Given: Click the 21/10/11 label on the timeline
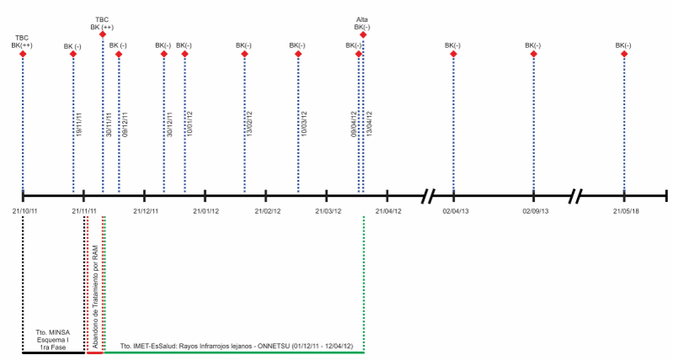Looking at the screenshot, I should pos(23,210).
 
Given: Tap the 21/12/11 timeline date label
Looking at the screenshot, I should pos(146,210).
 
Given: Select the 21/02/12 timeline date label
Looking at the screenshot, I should pos(266,210).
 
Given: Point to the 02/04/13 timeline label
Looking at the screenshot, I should pos(453,210).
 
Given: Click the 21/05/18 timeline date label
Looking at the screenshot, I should pos(624,210).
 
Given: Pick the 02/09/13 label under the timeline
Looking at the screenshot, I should pos(534,210).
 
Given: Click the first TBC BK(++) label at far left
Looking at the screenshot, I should pos(22,41).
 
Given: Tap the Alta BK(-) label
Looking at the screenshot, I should pos(363,24).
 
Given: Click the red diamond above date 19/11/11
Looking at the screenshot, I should pos(73,55).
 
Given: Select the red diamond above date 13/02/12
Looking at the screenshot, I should pos(245,55).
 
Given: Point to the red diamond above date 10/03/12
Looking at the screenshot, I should pos(298,55).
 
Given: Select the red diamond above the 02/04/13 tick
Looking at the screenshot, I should pos(453,55).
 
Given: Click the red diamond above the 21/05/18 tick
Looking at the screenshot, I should pos(624,55).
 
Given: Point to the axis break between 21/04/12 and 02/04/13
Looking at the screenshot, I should pos(428,196).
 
